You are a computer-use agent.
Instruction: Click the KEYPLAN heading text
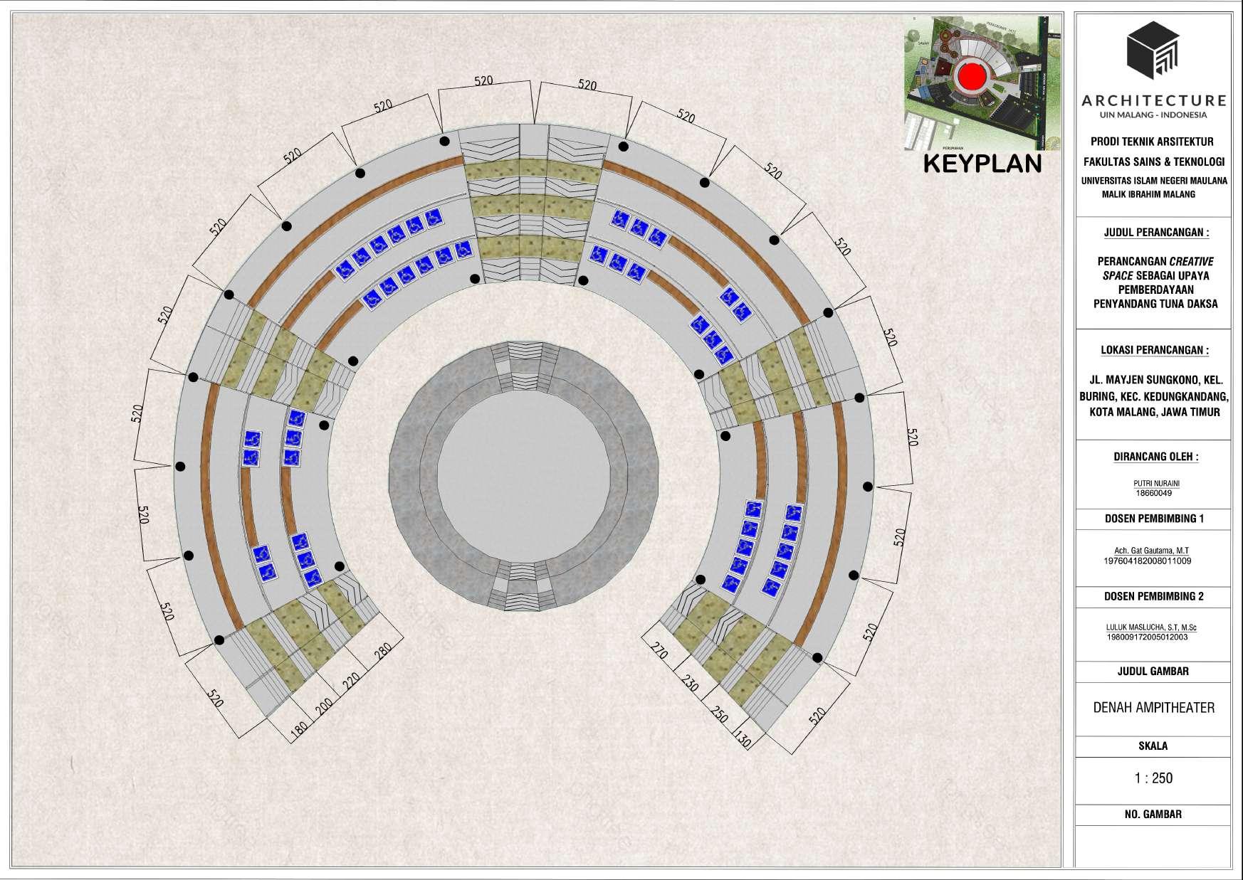pyautogui.click(x=982, y=163)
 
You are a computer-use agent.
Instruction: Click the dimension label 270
pyautogui.click(x=659, y=650)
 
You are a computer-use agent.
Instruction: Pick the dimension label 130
pyautogui.click(x=743, y=741)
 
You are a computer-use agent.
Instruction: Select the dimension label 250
pyautogui.click(x=719, y=714)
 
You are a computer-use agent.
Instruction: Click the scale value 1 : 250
pyautogui.click(x=1153, y=778)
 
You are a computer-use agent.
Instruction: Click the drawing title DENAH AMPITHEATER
pyautogui.click(x=1153, y=708)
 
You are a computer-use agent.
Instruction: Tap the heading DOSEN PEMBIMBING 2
pyautogui.click(x=1154, y=596)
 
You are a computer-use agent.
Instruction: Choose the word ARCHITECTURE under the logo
pyautogui.click(x=1153, y=101)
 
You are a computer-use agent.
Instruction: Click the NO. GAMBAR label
pyautogui.click(x=1153, y=814)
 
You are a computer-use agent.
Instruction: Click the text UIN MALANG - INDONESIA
pyautogui.click(x=1153, y=115)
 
